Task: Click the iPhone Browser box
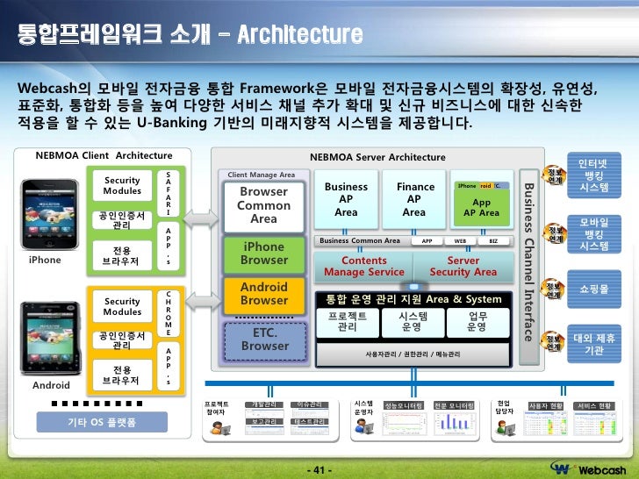click(x=263, y=254)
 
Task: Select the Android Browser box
click(x=263, y=294)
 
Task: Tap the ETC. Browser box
click(x=263, y=340)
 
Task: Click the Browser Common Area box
click(x=263, y=204)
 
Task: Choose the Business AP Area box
click(x=346, y=199)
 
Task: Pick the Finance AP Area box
click(x=414, y=199)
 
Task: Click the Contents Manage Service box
click(x=363, y=266)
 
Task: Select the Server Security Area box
click(x=463, y=266)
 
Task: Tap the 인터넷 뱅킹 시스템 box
click(x=593, y=176)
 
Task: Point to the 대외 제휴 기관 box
click(x=593, y=344)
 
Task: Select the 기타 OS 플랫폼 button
click(x=102, y=423)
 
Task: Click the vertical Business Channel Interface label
click(x=528, y=261)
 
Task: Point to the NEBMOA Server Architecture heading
click(x=377, y=157)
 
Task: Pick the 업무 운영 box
click(x=477, y=321)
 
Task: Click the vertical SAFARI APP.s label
click(x=169, y=218)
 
